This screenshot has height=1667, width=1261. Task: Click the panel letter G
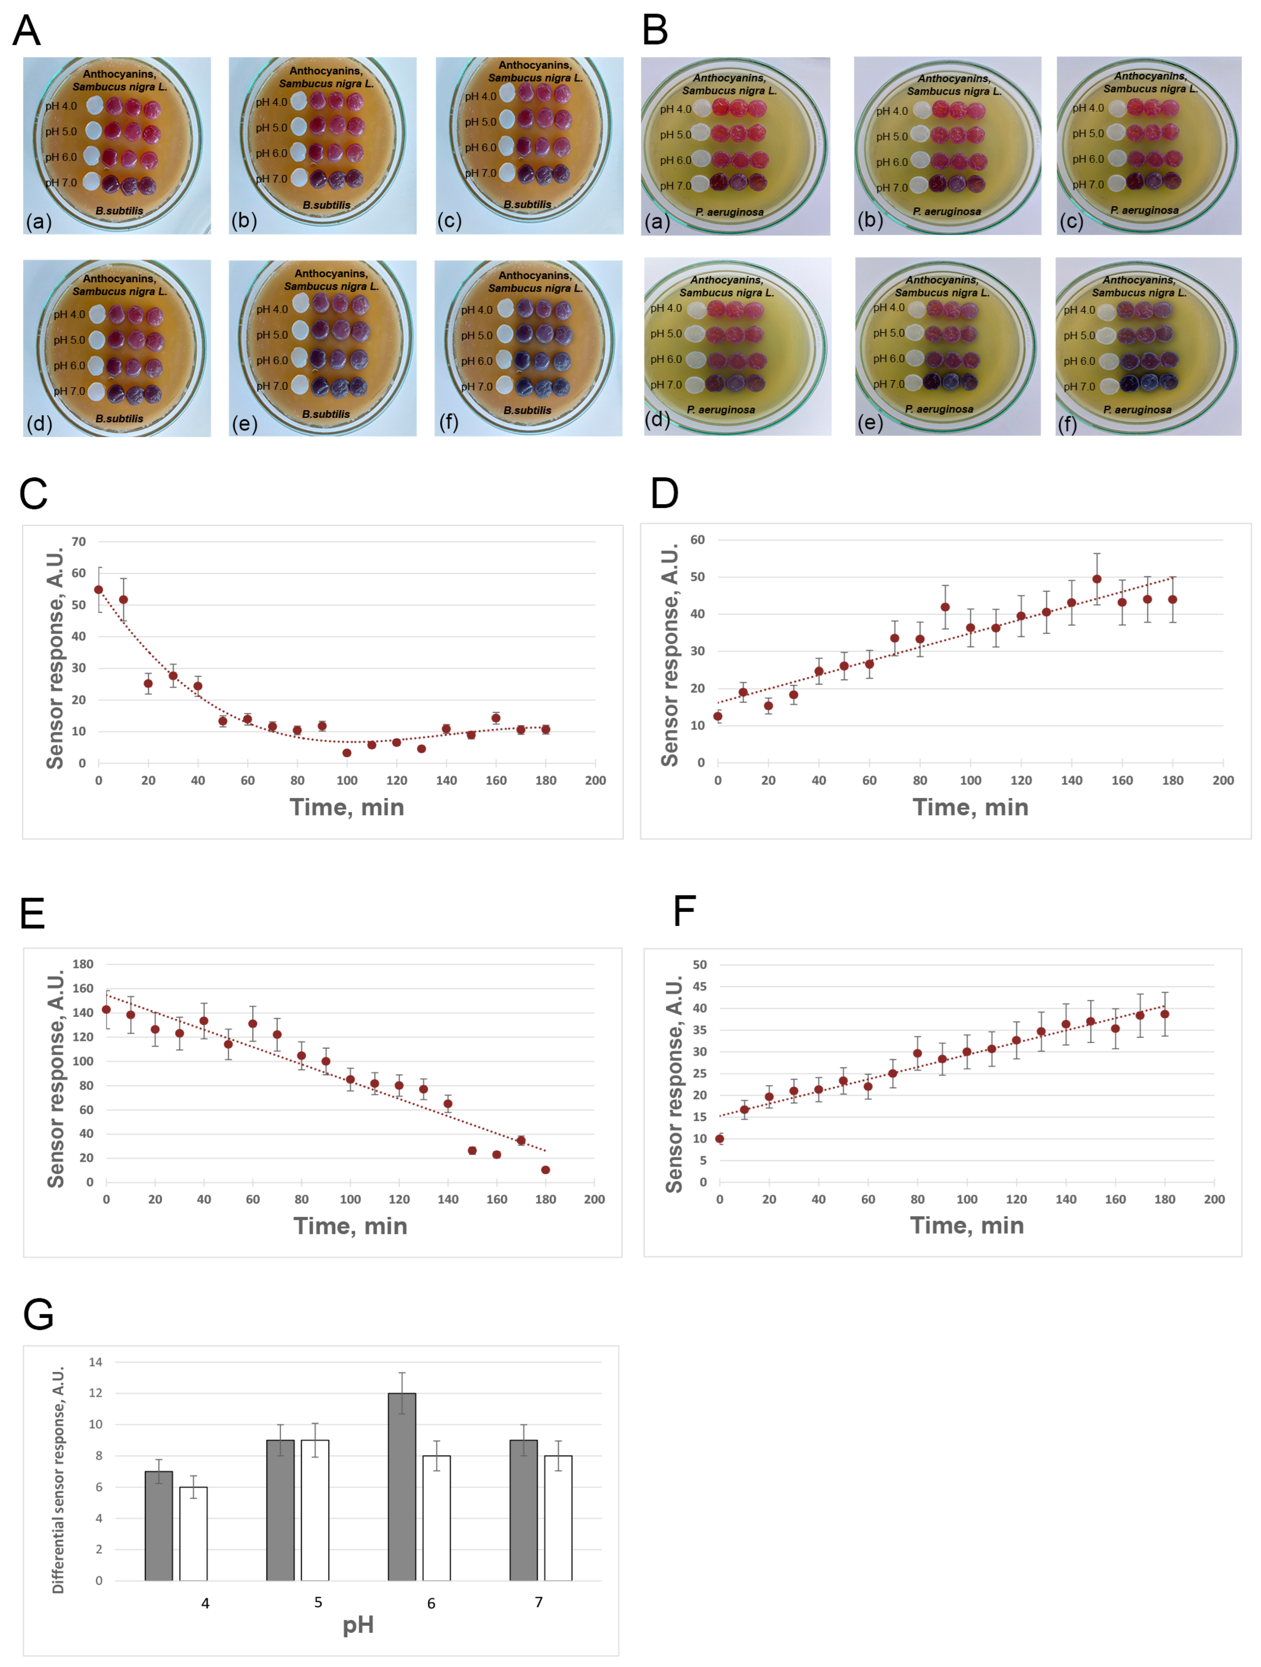tap(38, 1314)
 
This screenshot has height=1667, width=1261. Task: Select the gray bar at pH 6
tap(401, 1486)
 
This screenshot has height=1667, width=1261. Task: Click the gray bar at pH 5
tap(280, 1509)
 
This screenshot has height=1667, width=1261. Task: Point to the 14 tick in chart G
tap(96, 1362)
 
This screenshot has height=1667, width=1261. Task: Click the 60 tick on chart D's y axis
tap(698, 539)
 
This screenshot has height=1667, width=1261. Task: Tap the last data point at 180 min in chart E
tap(545, 1170)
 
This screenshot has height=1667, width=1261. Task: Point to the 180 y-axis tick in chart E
tap(83, 964)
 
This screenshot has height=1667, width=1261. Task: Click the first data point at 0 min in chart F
tap(720, 1139)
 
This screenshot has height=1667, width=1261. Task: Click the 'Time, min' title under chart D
tap(970, 807)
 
